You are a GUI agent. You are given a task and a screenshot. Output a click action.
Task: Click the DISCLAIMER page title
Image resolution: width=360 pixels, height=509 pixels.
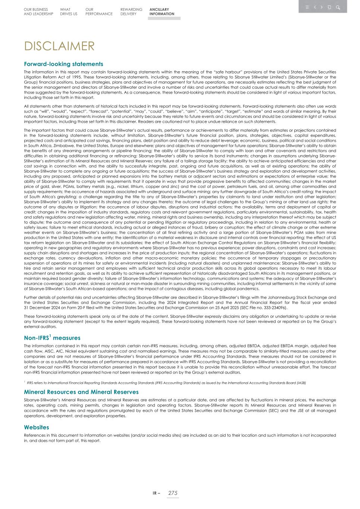click(x=59, y=46)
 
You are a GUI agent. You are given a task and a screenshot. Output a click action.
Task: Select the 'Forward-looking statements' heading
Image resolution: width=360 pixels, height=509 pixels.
click(x=63, y=64)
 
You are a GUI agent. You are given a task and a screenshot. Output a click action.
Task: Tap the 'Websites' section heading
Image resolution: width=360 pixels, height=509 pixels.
click(x=37, y=427)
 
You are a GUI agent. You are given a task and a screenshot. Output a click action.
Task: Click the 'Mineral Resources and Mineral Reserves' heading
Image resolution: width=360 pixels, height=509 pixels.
click(x=81, y=392)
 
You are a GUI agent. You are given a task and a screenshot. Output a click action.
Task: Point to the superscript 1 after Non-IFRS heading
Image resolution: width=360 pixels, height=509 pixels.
click(x=50, y=336)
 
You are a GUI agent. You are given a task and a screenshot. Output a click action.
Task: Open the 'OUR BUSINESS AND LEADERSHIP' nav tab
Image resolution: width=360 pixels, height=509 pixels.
click(x=38, y=12)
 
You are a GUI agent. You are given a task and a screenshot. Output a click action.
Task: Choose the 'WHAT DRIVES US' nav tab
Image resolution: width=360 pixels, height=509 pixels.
click(x=69, y=12)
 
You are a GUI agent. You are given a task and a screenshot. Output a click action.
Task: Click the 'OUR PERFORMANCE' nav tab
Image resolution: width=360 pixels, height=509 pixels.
click(x=98, y=12)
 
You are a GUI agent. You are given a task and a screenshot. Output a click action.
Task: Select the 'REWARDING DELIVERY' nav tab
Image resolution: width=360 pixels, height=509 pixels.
click(x=131, y=12)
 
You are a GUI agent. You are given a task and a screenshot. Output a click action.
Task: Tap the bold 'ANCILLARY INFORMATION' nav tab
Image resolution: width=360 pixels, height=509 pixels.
click(x=162, y=12)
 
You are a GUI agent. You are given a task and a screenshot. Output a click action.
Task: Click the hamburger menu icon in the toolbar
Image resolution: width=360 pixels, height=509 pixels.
click(x=307, y=7)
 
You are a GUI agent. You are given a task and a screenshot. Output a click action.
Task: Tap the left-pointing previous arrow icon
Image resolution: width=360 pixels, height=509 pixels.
click(x=315, y=7)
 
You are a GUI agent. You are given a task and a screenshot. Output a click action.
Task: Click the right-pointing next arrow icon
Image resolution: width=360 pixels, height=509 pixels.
click(x=322, y=7)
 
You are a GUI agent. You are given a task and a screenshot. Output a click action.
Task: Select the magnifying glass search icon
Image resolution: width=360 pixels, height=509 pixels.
click(x=338, y=7)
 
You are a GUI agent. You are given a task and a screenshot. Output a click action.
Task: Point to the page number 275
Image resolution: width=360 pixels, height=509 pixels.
click(x=173, y=493)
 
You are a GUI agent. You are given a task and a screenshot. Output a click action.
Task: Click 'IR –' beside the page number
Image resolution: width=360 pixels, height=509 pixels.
click(x=156, y=493)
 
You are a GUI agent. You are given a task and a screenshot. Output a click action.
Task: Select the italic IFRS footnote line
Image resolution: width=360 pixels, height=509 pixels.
click(x=166, y=383)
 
